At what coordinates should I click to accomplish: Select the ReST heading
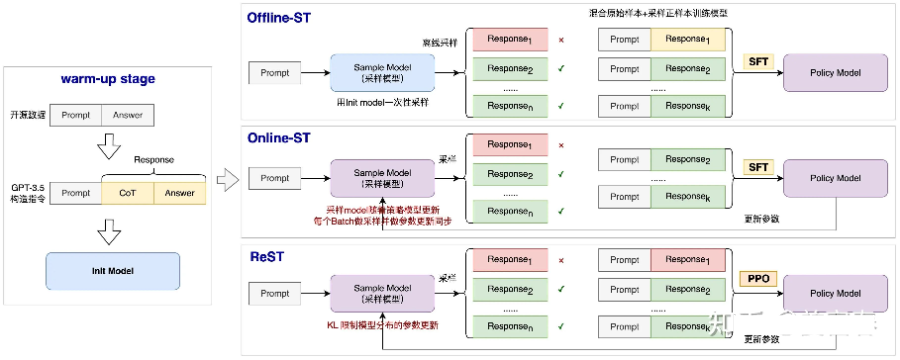267,257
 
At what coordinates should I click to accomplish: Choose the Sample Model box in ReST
383,295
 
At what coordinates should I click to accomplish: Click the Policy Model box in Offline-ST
835,74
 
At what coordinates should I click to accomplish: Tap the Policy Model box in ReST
835,295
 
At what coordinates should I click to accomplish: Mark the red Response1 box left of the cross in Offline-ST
510,39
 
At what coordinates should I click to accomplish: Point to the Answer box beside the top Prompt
128,116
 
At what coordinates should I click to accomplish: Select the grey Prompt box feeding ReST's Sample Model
276,295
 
